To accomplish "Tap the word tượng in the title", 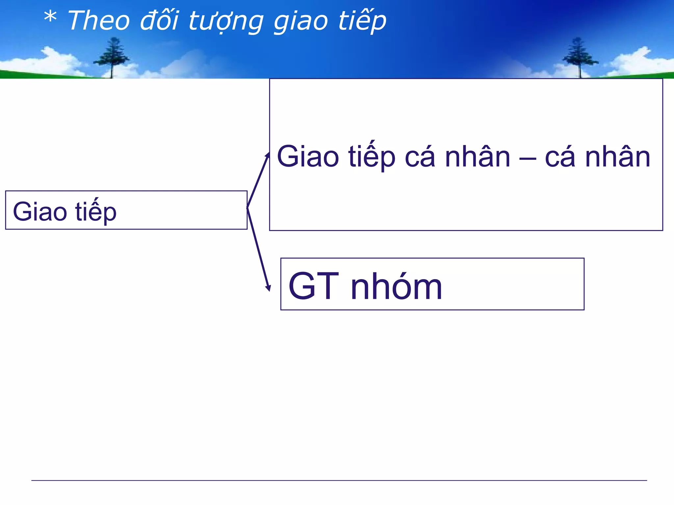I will (x=226, y=22).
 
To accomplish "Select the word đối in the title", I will (x=159, y=20).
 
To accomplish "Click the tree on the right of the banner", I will (x=579, y=58).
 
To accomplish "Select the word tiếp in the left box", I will (x=96, y=212).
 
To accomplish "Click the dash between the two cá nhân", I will (x=528, y=158).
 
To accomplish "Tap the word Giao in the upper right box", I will (x=308, y=157).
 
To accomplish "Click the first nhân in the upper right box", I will (x=478, y=157).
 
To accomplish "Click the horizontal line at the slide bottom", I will (x=339, y=480).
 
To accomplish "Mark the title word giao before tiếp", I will (x=301, y=22).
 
